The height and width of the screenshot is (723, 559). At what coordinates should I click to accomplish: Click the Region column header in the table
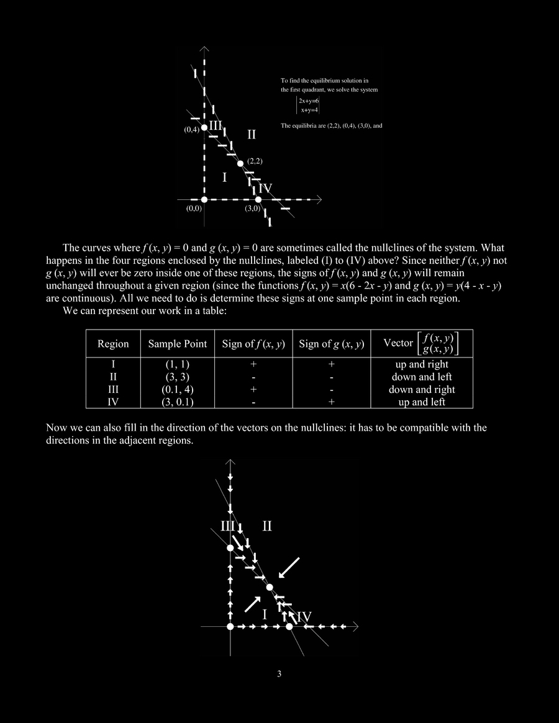click(x=113, y=344)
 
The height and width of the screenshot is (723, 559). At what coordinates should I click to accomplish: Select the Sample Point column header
click(x=178, y=344)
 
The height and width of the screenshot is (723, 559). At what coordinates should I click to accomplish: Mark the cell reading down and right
click(x=422, y=390)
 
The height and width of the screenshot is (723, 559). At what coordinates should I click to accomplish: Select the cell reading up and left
click(x=422, y=402)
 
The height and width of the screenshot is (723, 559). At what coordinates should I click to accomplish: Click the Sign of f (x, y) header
click(x=253, y=344)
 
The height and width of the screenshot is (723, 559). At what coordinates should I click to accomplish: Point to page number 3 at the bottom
click(x=279, y=675)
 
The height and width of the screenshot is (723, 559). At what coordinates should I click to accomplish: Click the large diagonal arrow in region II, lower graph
click(x=289, y=567)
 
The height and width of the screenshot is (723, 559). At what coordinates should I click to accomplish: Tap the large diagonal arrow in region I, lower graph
click(x=252, y=603)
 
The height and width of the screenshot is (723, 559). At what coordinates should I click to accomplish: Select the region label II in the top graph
click(x=252, y=134)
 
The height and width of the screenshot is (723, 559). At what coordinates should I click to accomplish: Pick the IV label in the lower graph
click(x=304, y=617)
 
